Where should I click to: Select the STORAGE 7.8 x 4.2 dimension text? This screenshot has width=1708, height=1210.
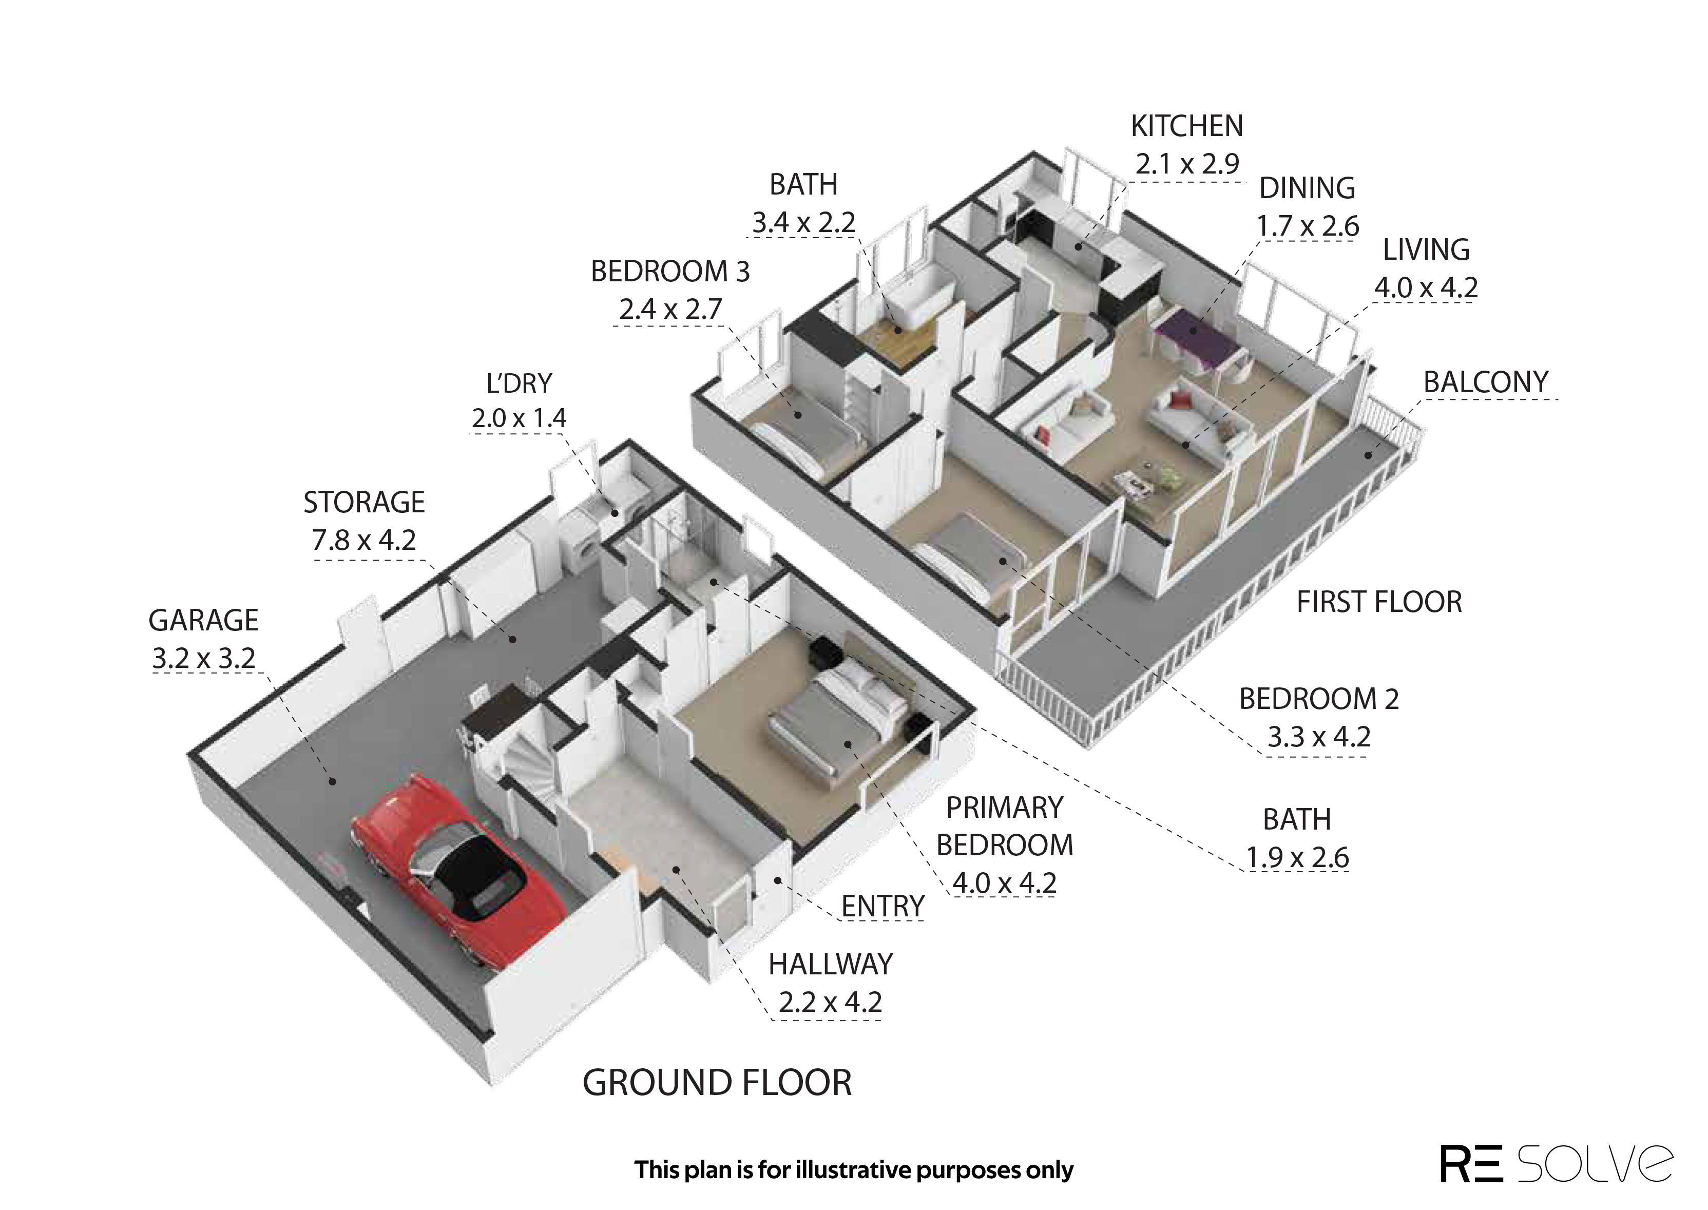click(364, 540)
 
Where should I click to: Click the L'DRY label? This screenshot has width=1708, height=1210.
click(519, 383)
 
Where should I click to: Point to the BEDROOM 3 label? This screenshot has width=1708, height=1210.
click(670, 272)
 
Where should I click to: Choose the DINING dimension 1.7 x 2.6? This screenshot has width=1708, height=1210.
click(1308, 226)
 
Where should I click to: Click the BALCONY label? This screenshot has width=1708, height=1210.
click(1486, 382)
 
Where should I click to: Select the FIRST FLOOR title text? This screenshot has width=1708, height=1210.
click(1379, 602)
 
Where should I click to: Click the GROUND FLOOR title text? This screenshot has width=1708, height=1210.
click(717, 1083)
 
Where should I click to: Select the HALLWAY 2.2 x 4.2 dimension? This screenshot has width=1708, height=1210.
click(831, 1002)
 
